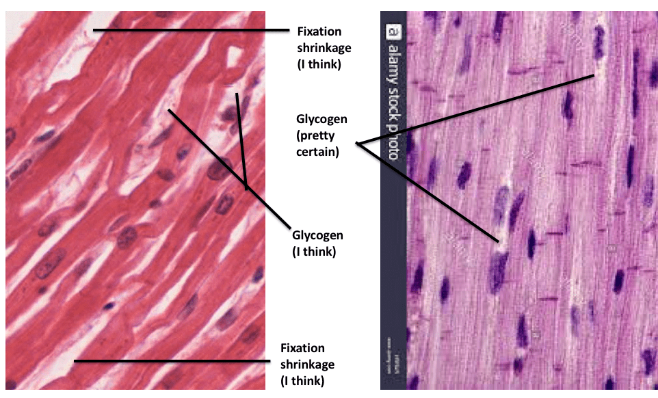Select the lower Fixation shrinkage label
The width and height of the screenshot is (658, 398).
308,364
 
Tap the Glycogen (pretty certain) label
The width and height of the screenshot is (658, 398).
321,135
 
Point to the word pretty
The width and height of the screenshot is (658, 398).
315,135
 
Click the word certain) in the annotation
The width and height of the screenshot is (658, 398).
317,152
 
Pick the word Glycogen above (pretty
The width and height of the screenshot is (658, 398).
321,119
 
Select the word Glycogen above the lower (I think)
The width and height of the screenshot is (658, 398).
318,235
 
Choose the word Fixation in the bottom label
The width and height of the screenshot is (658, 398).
302,348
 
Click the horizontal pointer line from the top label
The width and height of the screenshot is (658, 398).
192,30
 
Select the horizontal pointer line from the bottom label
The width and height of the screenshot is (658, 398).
171,361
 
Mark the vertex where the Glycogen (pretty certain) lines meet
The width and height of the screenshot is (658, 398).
357,144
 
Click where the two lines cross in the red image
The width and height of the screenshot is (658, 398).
246,186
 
